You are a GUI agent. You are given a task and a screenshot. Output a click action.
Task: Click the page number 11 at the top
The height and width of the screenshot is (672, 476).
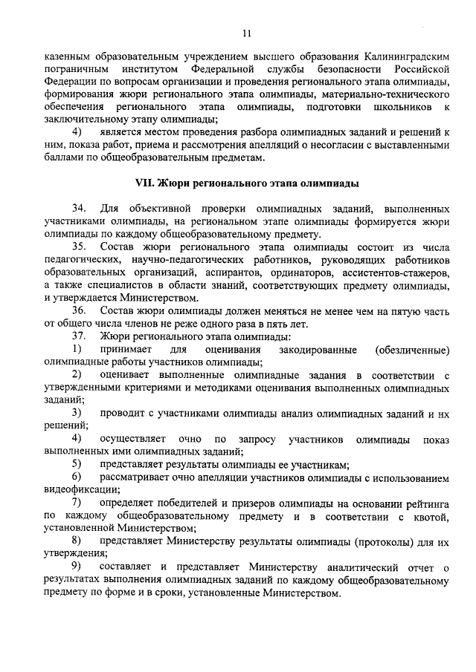(x=246, y=33)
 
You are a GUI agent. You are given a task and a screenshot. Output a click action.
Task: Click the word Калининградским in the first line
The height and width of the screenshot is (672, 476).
(x=405, y=56)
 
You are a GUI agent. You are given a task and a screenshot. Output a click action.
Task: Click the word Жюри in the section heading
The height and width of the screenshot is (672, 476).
(x=176, y=182)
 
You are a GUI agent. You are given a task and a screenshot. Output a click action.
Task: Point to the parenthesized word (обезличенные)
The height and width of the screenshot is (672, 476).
(x=412, y=349)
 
